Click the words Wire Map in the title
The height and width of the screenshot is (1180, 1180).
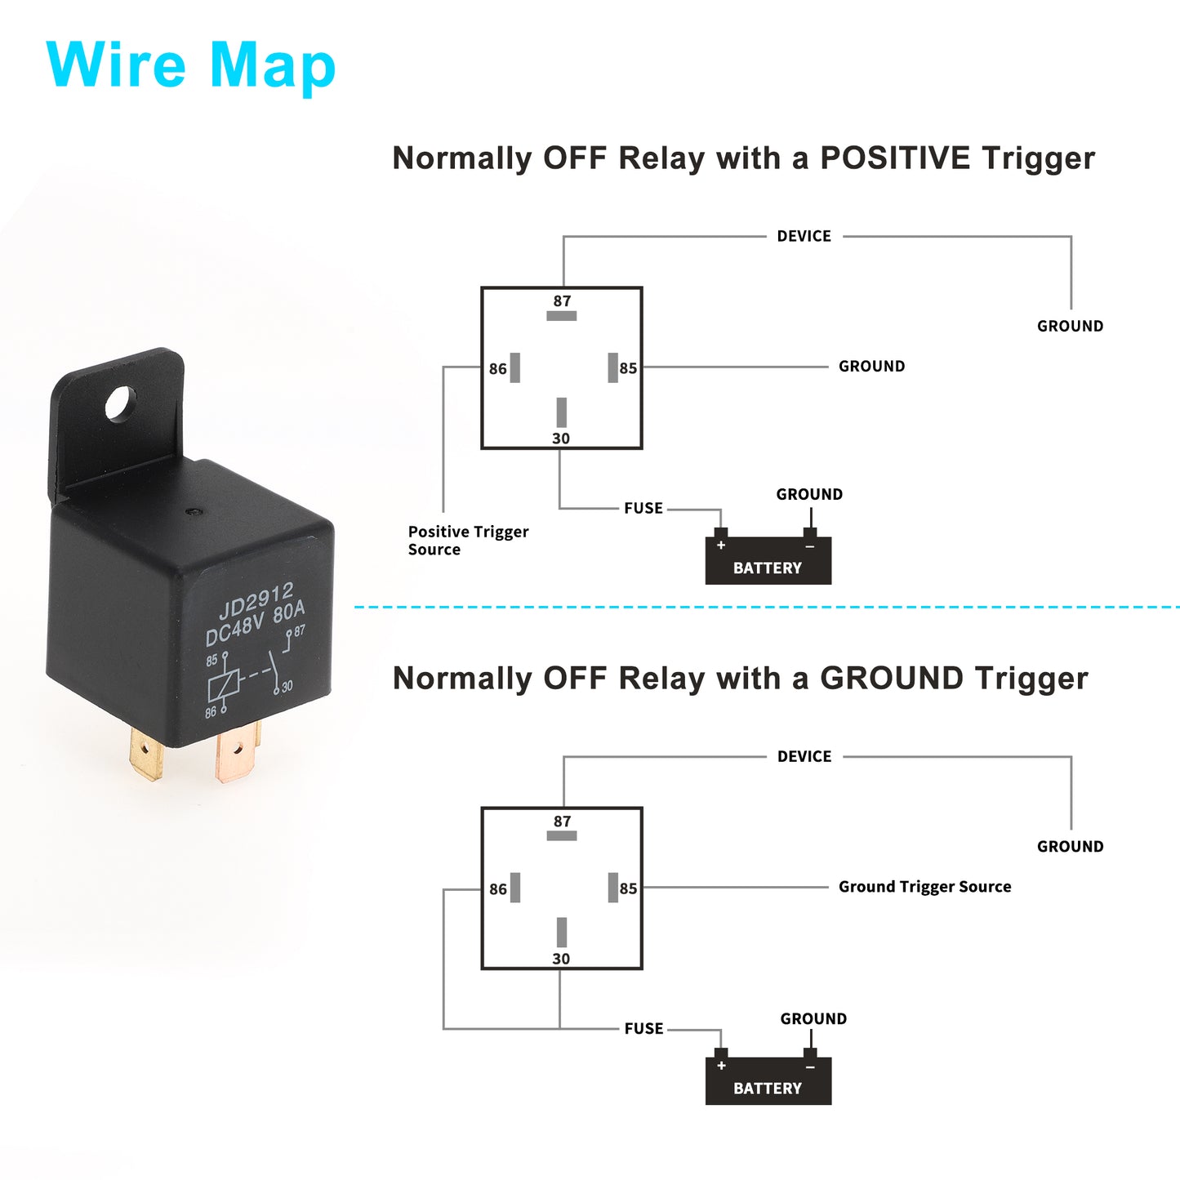[190, 66]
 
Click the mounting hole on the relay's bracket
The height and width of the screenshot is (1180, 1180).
[121, 403]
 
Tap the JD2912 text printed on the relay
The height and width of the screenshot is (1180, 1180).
[256, 600]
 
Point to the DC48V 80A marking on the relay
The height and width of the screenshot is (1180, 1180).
[255, 623]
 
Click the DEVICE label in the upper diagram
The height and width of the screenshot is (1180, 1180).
[804, 236]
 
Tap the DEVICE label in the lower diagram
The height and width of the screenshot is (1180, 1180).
[804, 757]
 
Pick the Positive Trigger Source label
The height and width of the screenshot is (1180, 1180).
[469, 540]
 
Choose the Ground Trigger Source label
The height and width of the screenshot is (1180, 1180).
[924, 887]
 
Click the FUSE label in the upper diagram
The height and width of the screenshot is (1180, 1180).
[643, 508]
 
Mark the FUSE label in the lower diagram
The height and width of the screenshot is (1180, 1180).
[643, 1029]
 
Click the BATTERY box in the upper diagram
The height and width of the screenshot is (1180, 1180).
[768, 559]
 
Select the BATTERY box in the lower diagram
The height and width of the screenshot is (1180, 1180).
[768, 1080]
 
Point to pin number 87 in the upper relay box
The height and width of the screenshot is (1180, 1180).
[562, 301]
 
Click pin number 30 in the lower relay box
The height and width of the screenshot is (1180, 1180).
[561, 959]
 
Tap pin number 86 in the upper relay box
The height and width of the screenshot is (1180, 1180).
[498, 368]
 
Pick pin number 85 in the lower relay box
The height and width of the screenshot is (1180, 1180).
[628, 888]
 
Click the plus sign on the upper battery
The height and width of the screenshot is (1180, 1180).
[721, 545]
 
